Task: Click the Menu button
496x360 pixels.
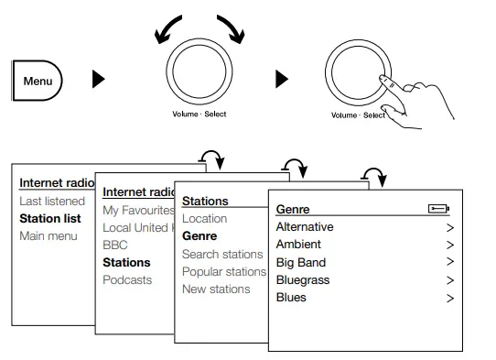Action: point(38,80)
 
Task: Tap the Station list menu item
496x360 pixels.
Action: point(50,218)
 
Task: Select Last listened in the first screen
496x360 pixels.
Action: point(52,201)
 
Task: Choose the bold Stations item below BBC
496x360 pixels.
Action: point(126,262)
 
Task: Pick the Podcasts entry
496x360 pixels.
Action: point(127,279)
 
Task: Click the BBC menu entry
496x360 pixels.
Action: point(115,245)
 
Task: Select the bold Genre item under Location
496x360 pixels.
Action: point(199,236)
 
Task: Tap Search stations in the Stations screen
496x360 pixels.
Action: point(222,254)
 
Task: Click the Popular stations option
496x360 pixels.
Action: point(224,271)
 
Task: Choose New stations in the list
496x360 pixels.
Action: point(216,289)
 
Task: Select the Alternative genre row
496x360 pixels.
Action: point(305,227)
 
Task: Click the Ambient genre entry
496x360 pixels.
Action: point(298,245)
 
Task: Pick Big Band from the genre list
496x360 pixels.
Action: point(301,262)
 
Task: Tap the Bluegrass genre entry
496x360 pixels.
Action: point(303,279)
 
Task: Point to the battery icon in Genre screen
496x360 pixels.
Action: point(438,210)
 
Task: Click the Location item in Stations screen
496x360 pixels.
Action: point(204,219)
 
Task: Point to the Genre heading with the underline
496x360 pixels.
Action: point(293,210)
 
